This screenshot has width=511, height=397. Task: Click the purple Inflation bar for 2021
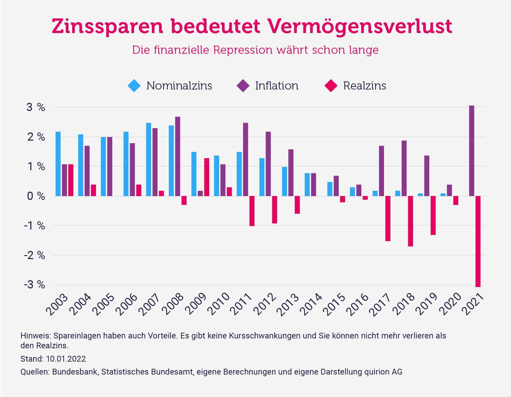coord(472,151)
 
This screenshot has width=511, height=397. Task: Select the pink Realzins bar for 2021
coord(478,241)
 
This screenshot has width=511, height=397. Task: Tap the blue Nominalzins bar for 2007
coord(149,159)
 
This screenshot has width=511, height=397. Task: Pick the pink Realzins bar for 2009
coord(206,177)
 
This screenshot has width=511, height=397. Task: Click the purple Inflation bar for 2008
coord(178,156)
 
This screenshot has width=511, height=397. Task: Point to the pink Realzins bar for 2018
coord(410,221)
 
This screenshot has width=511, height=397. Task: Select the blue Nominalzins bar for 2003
coord(58,164)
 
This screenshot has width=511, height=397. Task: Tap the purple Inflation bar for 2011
coord(245,159)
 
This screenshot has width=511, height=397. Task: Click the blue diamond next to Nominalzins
coord(134,85)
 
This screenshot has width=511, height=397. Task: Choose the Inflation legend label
coord(276,85)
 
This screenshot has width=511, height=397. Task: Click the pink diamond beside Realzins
coord(331,85)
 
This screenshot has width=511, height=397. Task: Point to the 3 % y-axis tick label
coord(36,108)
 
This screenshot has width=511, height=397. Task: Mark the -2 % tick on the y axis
coord(35,255)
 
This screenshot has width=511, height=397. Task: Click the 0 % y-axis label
coord(36,196)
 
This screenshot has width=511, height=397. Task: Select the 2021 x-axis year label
coord(473,305)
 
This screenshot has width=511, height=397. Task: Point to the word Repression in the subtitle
coord(243,50)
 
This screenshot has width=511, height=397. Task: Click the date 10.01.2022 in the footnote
coord(66,359)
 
